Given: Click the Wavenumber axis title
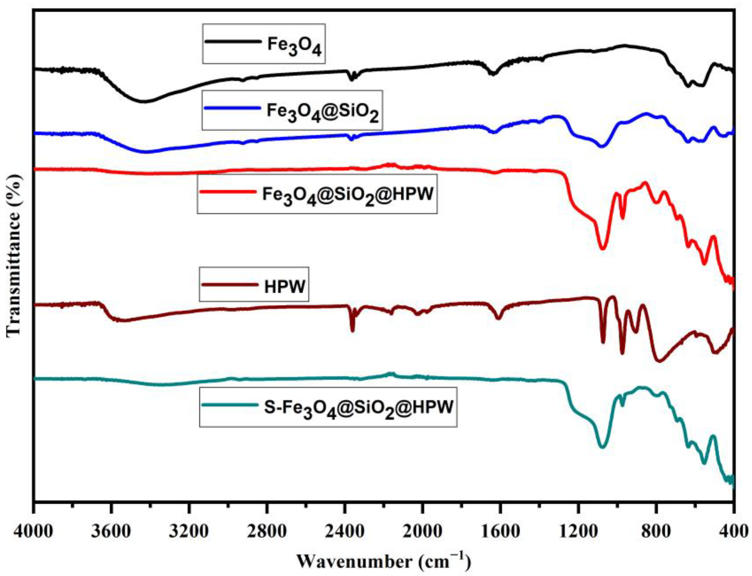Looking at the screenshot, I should pyautogui.click(x=384, y=562).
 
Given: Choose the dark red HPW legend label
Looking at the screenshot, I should pyautogui.click(x=284, y=286).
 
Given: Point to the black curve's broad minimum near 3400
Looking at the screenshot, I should pyautogui.click(x=144, y=102).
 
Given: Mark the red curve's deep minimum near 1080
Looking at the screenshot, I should pyautogui.click(x=602, y=248).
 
